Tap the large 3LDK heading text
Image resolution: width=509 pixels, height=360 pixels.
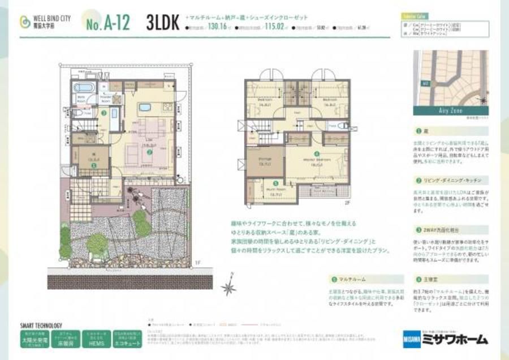click(x=161, y=23)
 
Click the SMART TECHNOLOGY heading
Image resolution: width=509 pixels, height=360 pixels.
click(x=41, y=326)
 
